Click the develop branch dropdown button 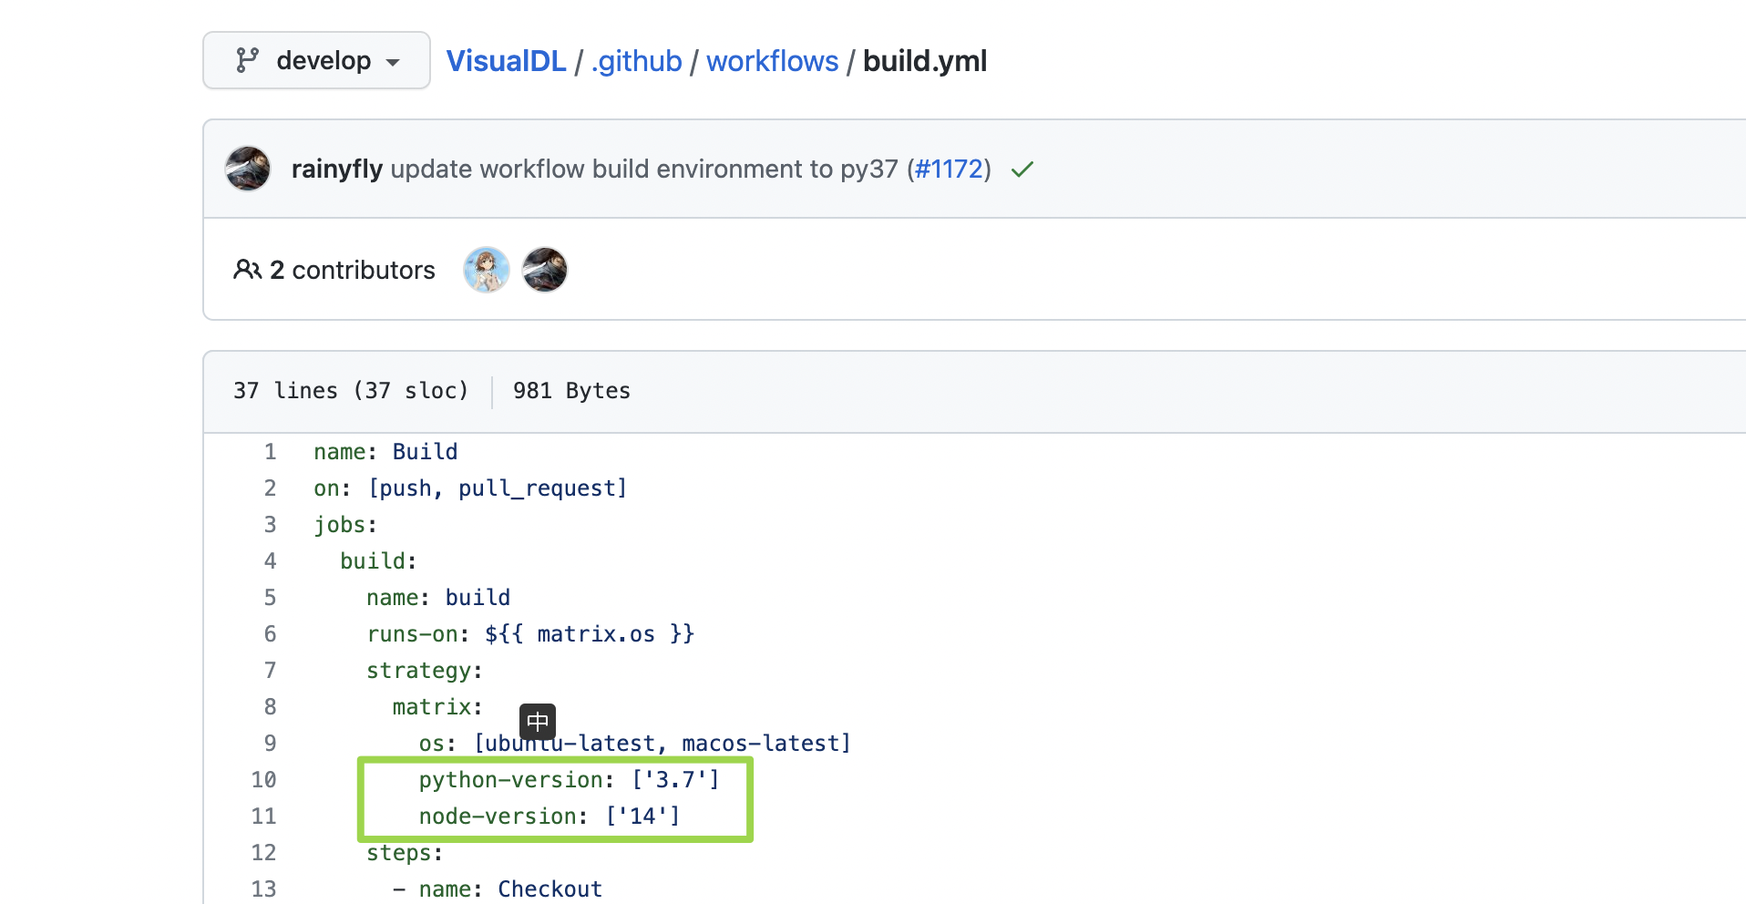pyautogui.click(x=316, y=60)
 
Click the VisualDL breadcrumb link pyautogui.click(x=506, y=61)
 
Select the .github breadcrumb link pyautogui.click(x=636, y=61)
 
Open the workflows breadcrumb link pyautogui.click(x=772, y=61)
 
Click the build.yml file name pyautogui.click(x=924, y=61)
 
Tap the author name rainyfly pyautogui.click(x=336, y=169)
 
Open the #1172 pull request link pyautogui.click(x=949, y=169)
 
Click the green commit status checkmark pyautogui.click(x=1022, y=169)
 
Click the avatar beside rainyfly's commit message pyautogui.click(x=248, y=169)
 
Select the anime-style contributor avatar pyautogui.click(x=487, y=270)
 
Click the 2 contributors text pyautogui.click(x=352, y=270)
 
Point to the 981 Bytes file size pyautogui.click(x=571, y=391)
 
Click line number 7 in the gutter pyautogui.click(x=270, y=671)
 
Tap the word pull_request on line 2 pyautogui.click(x=537, y=488)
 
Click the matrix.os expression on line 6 pyautogui.click(x=595, y=634)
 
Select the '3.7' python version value pyautogui.click(x=675, y=780)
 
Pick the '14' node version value pyautogui.click(x=643, y=817)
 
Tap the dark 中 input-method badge pyautogui.click(x=538, y=722)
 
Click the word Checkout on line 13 pyautogui.click(x=549, y=889)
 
